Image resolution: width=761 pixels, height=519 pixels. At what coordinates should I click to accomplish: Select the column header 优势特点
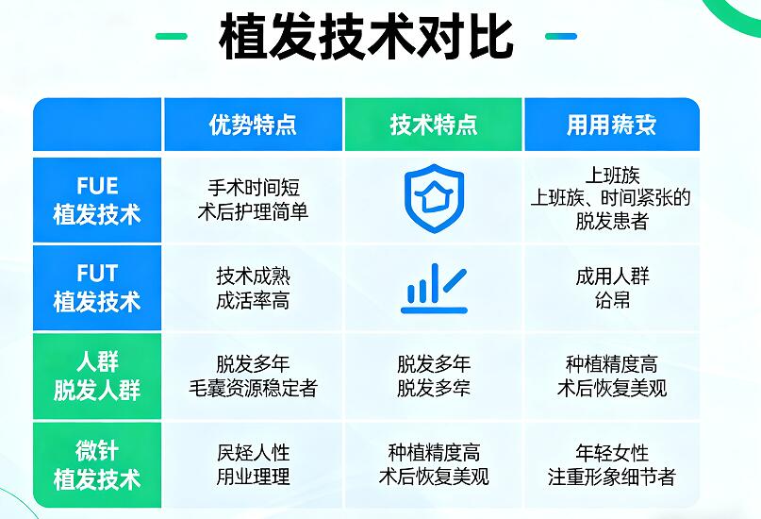253,125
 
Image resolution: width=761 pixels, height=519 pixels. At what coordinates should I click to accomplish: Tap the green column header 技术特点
434,125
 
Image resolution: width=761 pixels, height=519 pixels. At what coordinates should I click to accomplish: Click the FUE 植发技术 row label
97,200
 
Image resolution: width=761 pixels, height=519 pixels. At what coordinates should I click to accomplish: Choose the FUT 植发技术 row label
97,288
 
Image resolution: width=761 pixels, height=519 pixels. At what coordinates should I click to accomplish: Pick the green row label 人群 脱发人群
97,376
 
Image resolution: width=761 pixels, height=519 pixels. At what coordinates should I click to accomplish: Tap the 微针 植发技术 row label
97,464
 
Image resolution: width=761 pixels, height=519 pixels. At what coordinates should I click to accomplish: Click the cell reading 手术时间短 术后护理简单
253,200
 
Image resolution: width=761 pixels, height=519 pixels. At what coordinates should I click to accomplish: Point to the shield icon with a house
434,193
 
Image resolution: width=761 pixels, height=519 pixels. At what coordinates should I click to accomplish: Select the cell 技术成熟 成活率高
253,288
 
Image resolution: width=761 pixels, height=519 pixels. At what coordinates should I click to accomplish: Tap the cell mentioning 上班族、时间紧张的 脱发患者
611,198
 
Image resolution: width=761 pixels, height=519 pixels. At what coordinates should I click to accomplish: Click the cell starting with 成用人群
611,288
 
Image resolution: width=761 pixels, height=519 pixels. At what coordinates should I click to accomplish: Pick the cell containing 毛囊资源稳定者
253,376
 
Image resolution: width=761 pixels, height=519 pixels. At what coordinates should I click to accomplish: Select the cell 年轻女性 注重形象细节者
611,464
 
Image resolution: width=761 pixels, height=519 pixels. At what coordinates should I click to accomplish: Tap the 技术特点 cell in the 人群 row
434,376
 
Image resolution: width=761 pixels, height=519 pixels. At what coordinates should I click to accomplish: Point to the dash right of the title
560,37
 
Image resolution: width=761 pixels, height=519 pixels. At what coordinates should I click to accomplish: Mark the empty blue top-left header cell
97,125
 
